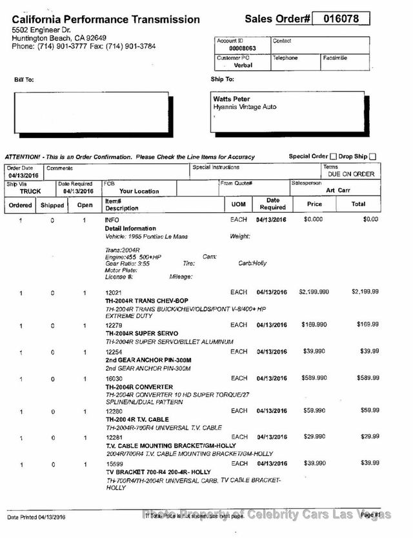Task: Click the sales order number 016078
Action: [341, 19]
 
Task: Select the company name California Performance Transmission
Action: [106, 20]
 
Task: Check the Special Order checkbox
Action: [333, 156]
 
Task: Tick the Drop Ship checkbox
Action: [373, 156]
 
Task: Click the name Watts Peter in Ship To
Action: [232, 99]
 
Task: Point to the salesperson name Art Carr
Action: [339, 190]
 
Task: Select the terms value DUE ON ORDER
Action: [351, 174]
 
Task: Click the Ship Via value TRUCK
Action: [30, 191]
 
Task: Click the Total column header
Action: [358, 204]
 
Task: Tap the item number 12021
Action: [114, 292]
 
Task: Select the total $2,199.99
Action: [365, 292]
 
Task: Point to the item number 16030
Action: [114, 378]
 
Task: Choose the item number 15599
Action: [114, 464]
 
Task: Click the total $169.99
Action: [368, 324]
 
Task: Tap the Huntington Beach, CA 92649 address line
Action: [59, 38]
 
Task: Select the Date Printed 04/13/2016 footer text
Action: [37, 517]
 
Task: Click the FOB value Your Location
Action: [139, 191]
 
